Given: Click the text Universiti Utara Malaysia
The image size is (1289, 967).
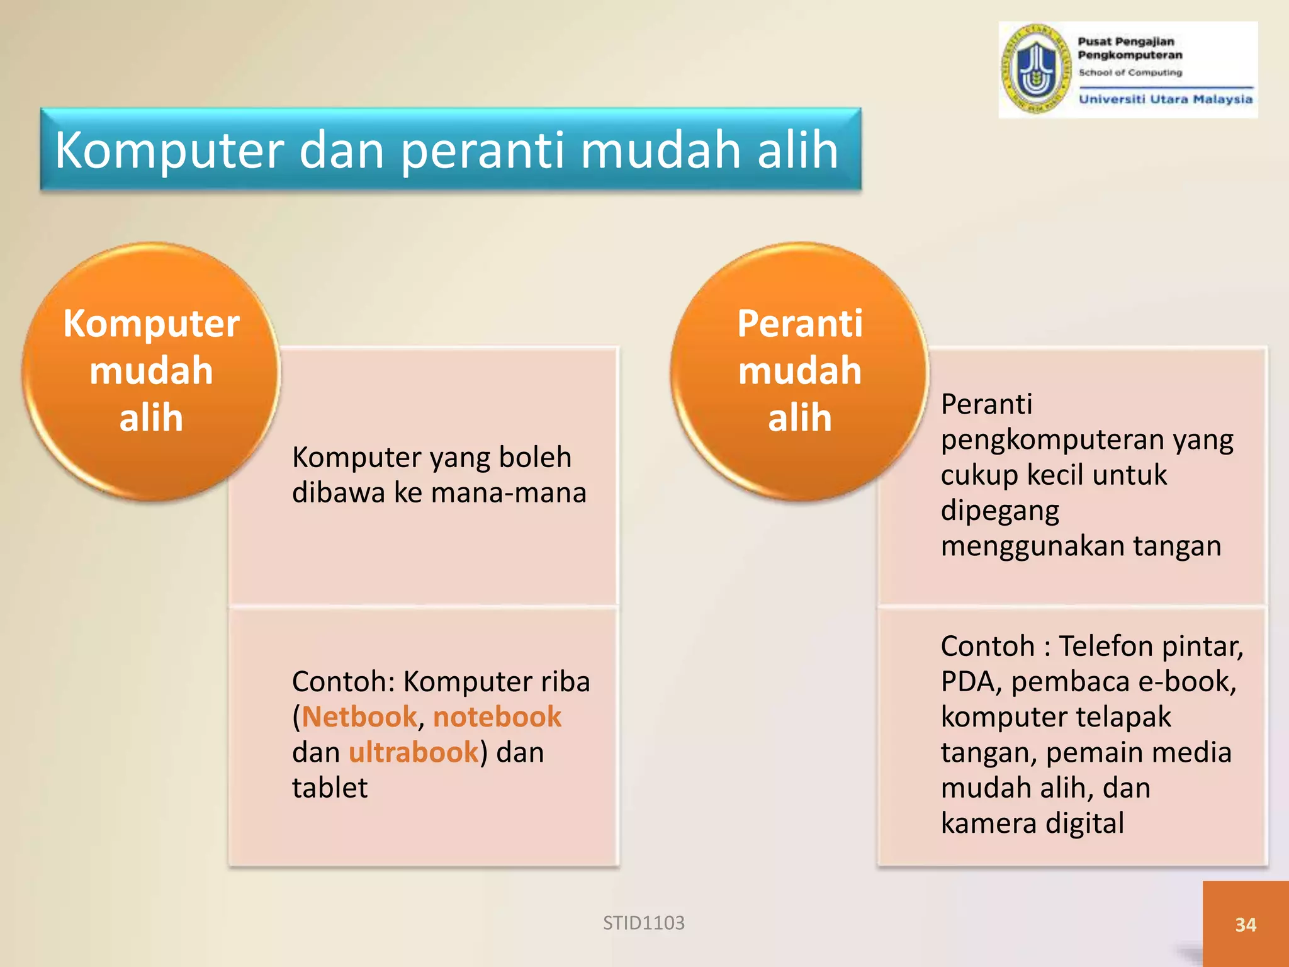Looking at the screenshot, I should pos(1166,99).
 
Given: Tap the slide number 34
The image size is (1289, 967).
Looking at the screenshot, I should pos(1246,925).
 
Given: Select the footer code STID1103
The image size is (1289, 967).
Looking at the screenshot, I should pos(643,923).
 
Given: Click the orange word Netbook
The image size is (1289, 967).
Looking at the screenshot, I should pos(359,717).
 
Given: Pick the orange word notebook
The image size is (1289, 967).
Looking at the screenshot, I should pos(497,717).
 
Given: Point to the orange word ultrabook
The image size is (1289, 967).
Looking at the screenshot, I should pos(414,752).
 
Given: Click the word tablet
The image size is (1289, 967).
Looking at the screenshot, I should pos(330,788).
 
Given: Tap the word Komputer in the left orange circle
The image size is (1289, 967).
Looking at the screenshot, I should pos(151,324).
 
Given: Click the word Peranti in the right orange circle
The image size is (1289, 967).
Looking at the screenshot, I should pos(800,324).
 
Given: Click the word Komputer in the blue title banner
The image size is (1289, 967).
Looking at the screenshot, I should pos(170,151).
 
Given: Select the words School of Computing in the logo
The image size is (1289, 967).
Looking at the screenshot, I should pos(1130,73).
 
